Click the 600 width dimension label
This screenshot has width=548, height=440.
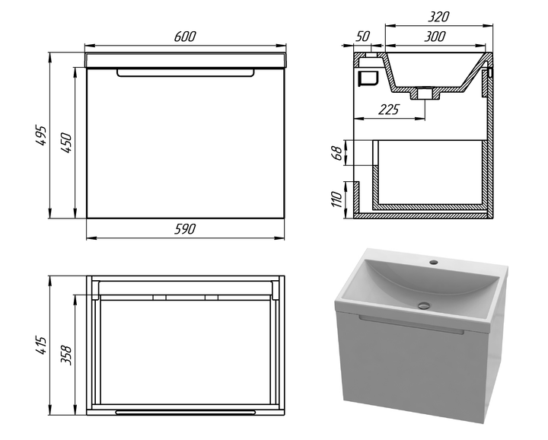pos(185,37)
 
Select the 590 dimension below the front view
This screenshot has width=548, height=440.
pos(185,229)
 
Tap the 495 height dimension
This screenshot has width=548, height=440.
pos(41,136)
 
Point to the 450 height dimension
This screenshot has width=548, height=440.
pos(65,142)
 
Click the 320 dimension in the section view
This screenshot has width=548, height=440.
pos(438,17)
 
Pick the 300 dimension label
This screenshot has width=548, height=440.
pos(435,37)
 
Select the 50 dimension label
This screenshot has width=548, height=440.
pos(363,36)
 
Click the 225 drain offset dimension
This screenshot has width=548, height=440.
pos(389,110)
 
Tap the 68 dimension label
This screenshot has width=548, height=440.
pos(336,153)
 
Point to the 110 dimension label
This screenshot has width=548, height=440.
pos(336,199)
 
